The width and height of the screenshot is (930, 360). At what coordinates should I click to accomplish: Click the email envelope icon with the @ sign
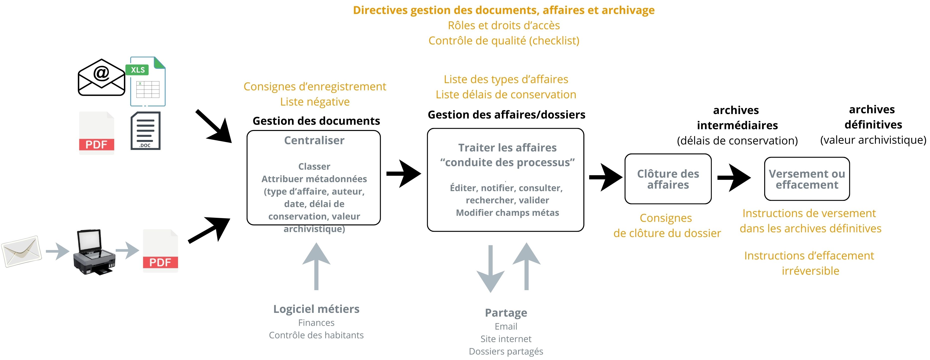(x=101, y=77)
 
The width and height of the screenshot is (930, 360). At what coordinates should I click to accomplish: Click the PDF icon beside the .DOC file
(x=96, y=133)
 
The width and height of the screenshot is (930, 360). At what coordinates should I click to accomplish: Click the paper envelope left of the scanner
(x=22, y=251)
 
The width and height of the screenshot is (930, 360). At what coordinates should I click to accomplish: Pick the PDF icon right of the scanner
(x=160, y=250)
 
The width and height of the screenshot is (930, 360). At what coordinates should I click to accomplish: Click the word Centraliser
(x=314, y=140)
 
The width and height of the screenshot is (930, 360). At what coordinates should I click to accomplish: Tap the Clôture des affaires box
(x=668, y=179)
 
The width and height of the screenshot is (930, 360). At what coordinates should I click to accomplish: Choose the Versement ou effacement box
(x=807, y=179)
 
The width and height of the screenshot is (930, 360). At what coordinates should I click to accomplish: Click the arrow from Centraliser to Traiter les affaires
(x=403, y=174)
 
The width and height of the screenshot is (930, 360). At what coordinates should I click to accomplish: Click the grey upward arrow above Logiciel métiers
(x=316, y=266)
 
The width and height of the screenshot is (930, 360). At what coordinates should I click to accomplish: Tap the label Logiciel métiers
(x=316, y=309)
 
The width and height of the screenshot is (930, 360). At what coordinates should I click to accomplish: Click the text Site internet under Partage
(x=506, y=339)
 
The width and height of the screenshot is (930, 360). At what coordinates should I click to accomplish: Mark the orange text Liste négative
(x=315, y=102)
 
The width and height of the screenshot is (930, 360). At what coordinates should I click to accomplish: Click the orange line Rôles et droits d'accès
(x=504, y=25)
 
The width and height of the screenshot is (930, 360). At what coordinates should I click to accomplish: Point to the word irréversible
(x=810, y=271)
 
